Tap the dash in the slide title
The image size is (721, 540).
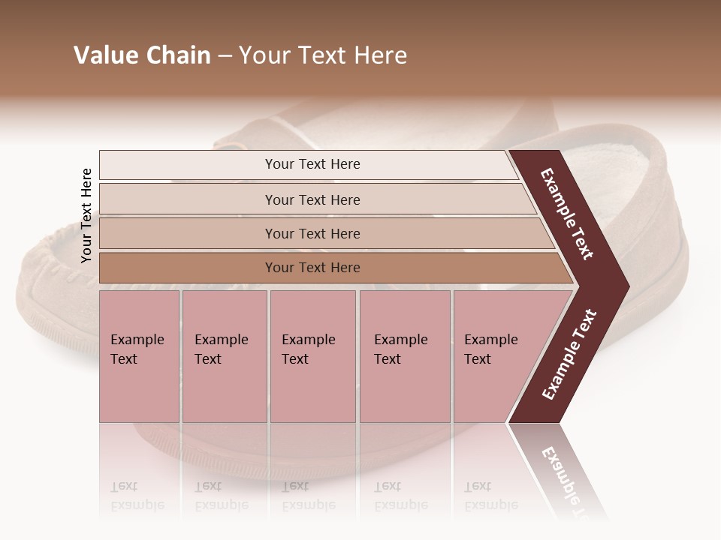225,56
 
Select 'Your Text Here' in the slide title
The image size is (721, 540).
323,55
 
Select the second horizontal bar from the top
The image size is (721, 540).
312,199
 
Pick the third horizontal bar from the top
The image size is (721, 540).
312,233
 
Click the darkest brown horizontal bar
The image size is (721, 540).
312,268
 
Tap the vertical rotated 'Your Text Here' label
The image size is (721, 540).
86,215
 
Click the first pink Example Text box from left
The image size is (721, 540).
139,356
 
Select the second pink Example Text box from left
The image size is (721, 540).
224,356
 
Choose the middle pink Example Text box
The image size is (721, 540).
312,356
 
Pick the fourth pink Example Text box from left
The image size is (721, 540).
404,356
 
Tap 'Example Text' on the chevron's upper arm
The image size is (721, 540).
567,214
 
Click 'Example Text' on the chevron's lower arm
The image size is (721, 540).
569,354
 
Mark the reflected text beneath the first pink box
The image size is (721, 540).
137,496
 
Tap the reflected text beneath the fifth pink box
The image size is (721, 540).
490,496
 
